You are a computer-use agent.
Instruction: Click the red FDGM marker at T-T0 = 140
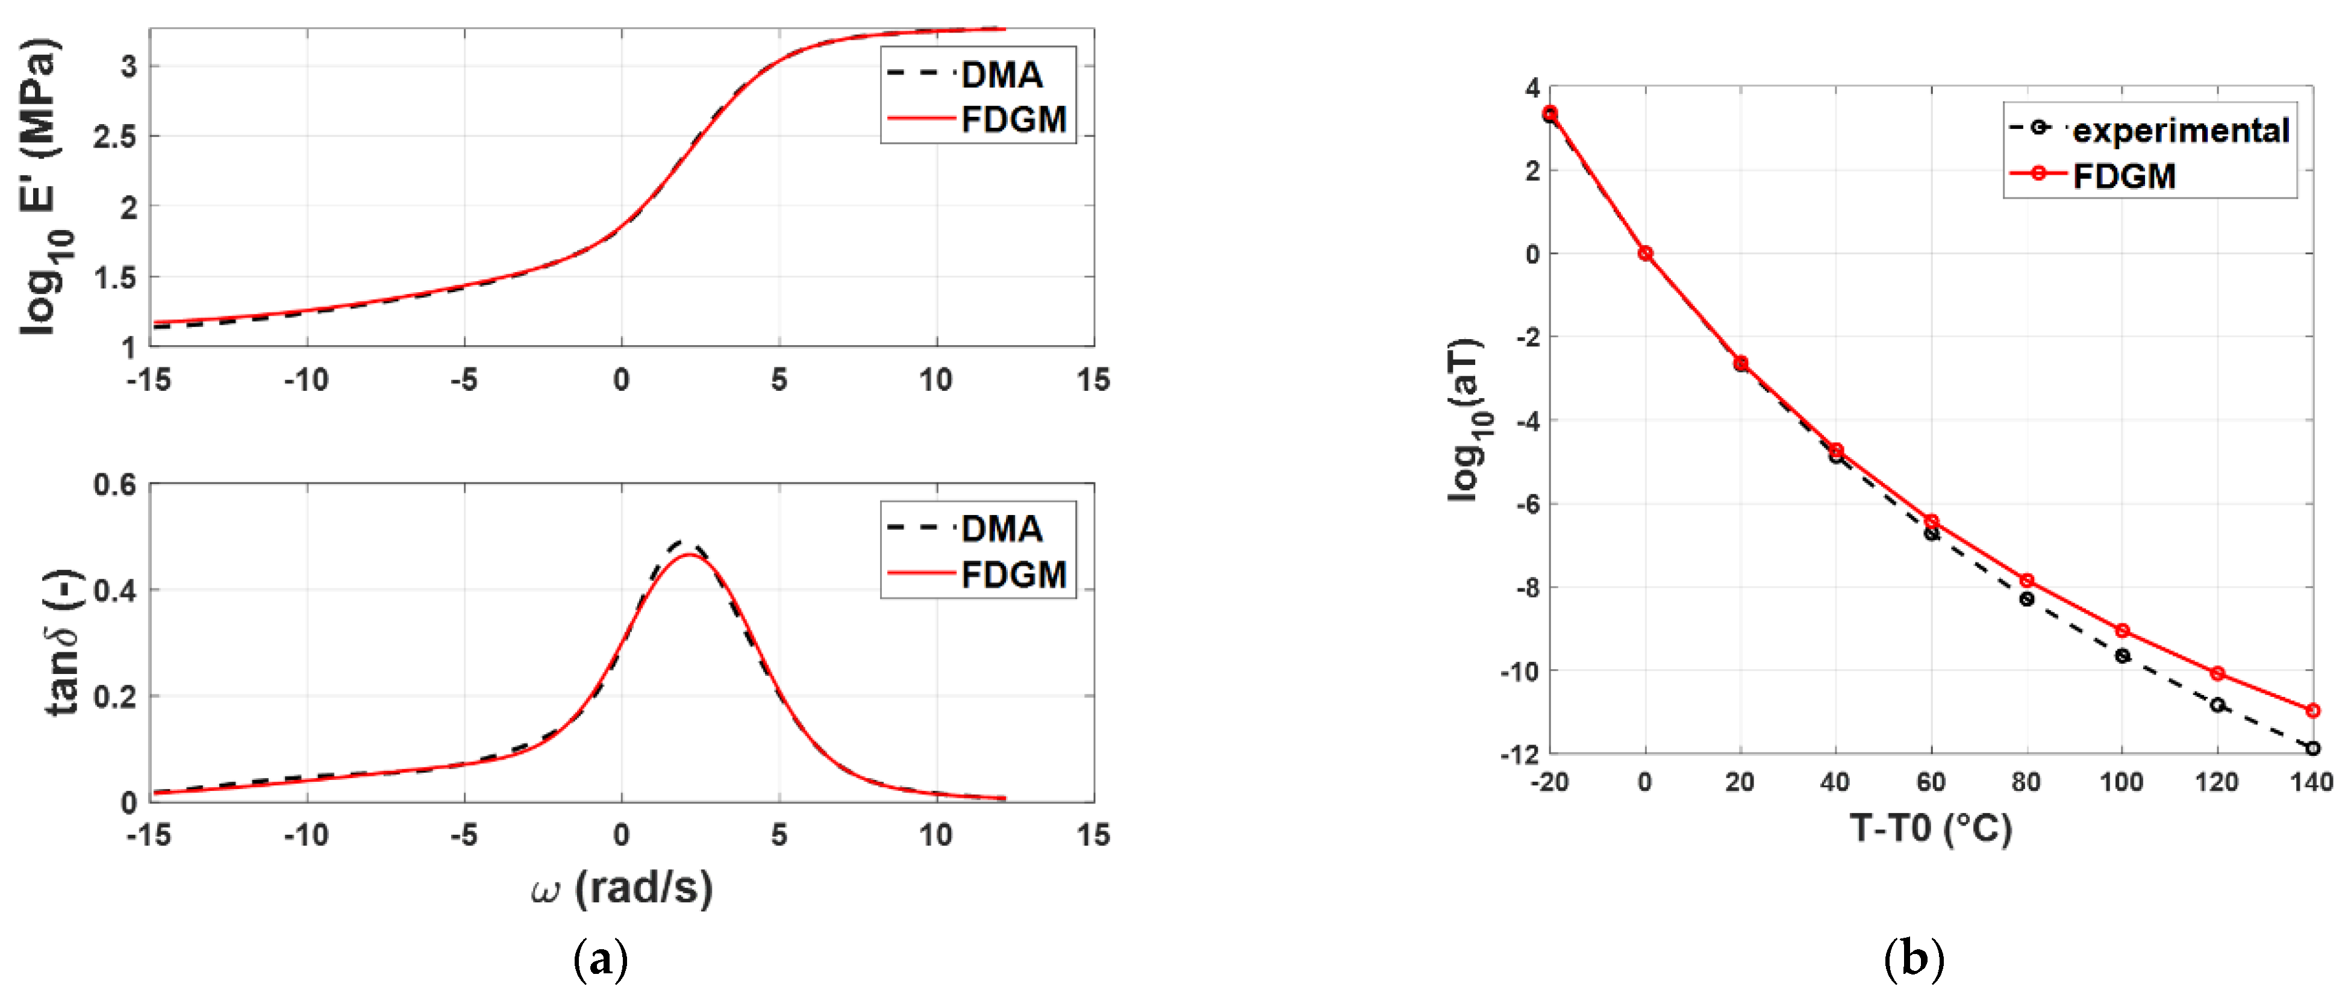(2312, 710)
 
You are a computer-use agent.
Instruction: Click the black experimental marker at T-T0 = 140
(2312, 748)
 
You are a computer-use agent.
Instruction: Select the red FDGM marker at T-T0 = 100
(2122, 631)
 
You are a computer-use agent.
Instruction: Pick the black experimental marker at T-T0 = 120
(2217, 704)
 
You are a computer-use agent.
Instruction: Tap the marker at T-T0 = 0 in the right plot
(1644, 253)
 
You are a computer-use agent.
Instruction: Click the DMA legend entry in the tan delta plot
(1001, 528)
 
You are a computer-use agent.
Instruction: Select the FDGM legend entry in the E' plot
(1013, 119)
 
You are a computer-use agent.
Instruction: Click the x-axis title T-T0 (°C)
(1931, 828)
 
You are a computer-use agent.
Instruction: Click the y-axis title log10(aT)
(1467, 420)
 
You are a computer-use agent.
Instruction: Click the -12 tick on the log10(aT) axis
(1519, 753)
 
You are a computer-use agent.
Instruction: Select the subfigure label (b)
(1913, 959)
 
